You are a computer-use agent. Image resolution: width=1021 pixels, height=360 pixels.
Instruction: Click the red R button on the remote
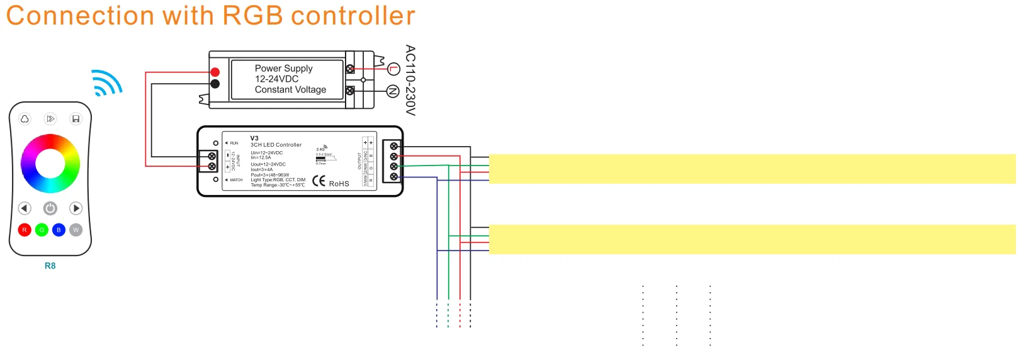[x=25, y=230]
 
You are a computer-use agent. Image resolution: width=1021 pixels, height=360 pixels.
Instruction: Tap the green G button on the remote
[x=42, y=230]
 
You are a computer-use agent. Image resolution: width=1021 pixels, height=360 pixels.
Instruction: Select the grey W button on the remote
[x=76, y=230]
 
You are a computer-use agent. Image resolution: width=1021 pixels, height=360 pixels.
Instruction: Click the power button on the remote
[x=50, y=208]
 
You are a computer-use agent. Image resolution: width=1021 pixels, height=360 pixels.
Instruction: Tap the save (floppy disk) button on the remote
[x=76, y=119]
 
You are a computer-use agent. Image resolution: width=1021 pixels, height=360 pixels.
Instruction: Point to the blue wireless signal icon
[x=106, y=82]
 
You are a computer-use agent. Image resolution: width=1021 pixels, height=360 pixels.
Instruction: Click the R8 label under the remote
[x=50, y=266]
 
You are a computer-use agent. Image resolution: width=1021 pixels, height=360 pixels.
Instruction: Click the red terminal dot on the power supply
[x=215, y=72]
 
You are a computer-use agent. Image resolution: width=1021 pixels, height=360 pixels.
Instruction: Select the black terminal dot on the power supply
[x=215, y=84]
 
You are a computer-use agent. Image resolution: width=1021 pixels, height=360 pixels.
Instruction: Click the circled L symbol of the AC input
[x=394, y=69]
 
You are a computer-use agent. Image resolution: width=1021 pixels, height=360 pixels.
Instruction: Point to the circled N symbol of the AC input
[x=393, y=92]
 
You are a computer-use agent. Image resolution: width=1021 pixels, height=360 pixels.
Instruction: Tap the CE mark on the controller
[x=319, y=182]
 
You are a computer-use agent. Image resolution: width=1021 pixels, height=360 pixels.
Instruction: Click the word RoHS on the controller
[x=339, y=184]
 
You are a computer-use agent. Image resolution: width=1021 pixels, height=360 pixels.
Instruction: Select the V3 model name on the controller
[x=254, y=138]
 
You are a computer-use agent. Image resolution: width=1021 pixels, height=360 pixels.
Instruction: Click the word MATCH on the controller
[x=236, y=180]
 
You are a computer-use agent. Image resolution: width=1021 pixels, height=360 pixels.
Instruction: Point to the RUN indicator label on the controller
[x=234, y=143]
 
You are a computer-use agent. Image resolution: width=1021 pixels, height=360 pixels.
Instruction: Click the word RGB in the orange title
[x=253, y=16]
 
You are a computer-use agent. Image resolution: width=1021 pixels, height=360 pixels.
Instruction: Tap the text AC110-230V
[x=410, y=80]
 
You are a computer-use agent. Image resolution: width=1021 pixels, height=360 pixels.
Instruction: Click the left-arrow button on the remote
[x=25, y=208]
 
